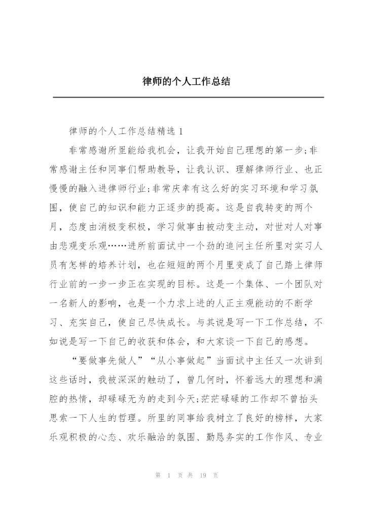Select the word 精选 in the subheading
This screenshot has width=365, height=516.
coord(162,131)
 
